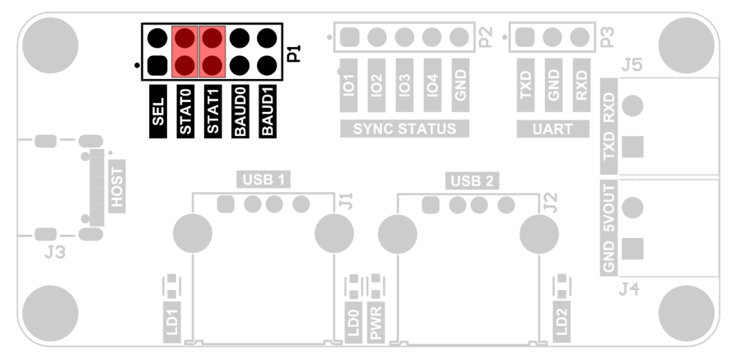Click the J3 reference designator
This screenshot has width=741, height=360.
[54, 254]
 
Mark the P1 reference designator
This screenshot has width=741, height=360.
[295, 55]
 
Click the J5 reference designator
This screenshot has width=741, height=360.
[633, 66]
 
